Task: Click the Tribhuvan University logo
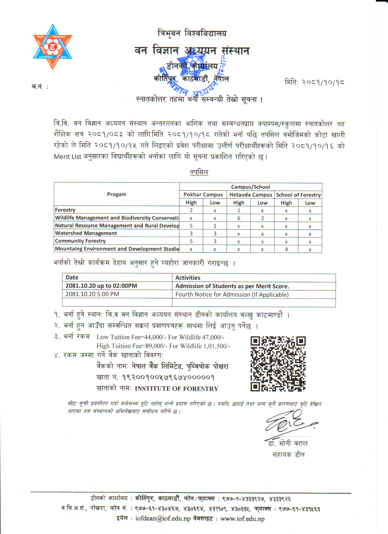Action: tap(52, 47)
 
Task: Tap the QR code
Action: tap(278, 364)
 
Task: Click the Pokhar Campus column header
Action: tap(203, 195)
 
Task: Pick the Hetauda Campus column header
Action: tap(250, 195)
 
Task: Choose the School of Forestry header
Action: tap(298, 195)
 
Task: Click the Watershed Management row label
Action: tap(86, 233)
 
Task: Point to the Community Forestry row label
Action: tap(80, 241)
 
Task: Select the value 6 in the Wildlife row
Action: tap(239, 218)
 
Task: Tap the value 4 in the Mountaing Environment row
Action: tap(286, 249)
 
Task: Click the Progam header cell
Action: tap(117, 194)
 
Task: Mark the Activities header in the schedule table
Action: tap(188, 278)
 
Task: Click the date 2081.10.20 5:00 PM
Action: tap(92, 294)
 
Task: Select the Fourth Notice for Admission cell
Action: tap(232, 295)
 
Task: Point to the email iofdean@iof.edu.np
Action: tap(163, 518)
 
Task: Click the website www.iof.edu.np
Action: tap(242, 518)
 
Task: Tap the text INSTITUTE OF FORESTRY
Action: tap(177, 389)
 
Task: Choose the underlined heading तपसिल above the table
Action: tap(199, 172)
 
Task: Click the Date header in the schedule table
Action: tap(72, 278)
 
